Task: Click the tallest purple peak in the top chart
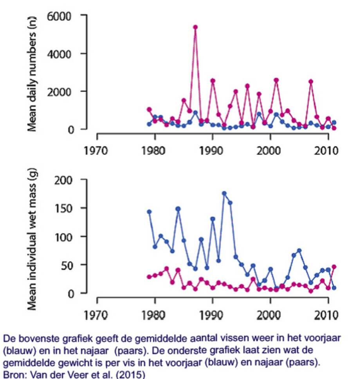coord(195,27)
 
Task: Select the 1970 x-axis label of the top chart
coord(97,151)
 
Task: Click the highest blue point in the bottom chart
coord(224,194)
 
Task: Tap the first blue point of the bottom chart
coord(149,212)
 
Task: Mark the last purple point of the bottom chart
coord(334,267)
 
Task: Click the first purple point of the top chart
coord(149,110)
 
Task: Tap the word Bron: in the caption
coord(14,374)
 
